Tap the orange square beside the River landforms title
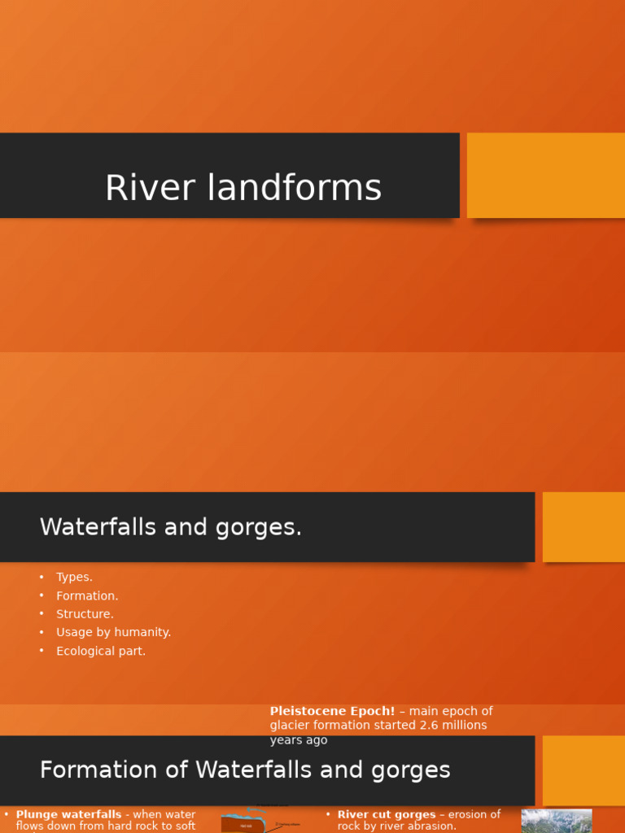point(545,175)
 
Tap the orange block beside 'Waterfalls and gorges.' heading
point(583,526)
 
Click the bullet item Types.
point(74,577)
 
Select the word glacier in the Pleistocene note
point(291,725)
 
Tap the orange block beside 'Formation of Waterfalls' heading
point(583,770)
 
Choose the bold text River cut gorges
point(387,814)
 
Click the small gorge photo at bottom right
point(556,821)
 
